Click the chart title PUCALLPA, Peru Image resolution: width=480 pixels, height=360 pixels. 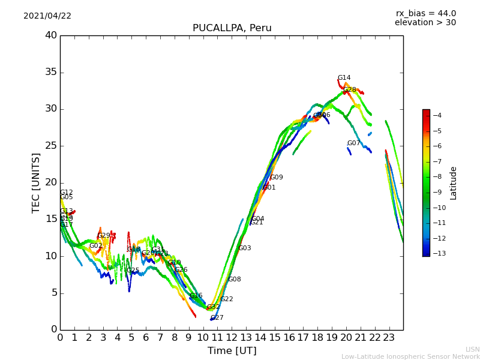[x=232, y=28]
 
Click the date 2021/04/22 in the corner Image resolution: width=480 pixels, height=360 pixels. [x=47, y=16]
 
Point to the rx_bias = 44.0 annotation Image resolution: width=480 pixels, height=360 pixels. [x=425, y=13]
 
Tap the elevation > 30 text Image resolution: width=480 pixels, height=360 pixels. [x=425, y=23]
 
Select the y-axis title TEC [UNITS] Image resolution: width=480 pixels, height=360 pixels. [x=37, y=182]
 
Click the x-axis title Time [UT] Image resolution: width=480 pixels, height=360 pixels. [x=232, y=350]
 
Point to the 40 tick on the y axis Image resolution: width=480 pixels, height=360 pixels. [x=51, y=35]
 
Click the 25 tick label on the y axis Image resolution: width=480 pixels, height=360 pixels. [x=51, y=146]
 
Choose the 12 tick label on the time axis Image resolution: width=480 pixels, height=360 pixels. [x=232, y=337]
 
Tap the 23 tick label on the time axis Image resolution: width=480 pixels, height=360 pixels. [x=389, y=337]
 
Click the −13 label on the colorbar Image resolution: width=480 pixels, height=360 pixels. [x=437, y=254]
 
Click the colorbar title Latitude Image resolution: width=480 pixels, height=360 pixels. [x=454, y=182]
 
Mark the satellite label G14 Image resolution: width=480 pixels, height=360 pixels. [x=344, y=78]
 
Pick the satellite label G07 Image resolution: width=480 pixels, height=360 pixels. [x=353, y=143]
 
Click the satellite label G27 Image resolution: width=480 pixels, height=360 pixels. [x=217, y=318]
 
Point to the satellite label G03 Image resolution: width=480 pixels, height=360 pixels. [x=244, y=248]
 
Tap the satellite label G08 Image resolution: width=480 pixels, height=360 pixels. [x=234, y=280]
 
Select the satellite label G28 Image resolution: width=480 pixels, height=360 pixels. [x=349, y=90]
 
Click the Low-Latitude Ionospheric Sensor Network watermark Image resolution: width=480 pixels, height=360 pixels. [x=410, y=356]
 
